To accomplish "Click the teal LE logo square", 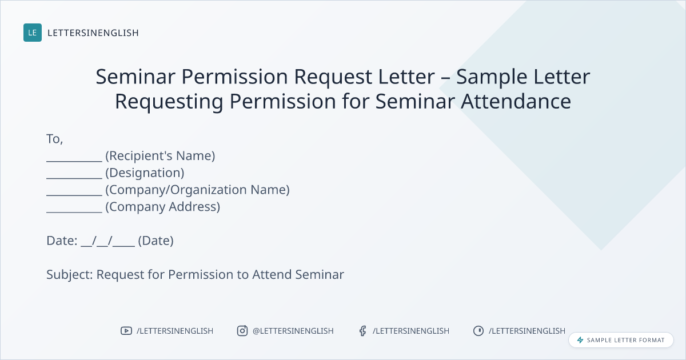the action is [33, 33].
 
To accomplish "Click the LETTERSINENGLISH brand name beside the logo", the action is [93, 33].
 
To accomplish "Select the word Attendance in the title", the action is [516, 101].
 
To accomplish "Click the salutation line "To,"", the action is [55, 139].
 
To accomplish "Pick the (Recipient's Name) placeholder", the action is [160, 156].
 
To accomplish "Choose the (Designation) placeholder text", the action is [145, 173].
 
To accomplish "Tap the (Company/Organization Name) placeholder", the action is [198, 190].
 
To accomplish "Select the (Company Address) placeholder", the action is [162, 207].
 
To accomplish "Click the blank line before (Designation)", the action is [74, 178].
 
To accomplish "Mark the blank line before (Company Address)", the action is [74, 212].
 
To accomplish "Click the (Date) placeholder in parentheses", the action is [156, 241].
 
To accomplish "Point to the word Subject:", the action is [70, 275].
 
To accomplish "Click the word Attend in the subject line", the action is [272, 275].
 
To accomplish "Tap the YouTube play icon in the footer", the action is [126, 331].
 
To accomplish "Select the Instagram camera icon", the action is [242, 331].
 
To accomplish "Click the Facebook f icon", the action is [363, 331].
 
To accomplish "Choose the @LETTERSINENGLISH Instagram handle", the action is [293, 331].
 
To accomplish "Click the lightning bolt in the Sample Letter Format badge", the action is [580, 340].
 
